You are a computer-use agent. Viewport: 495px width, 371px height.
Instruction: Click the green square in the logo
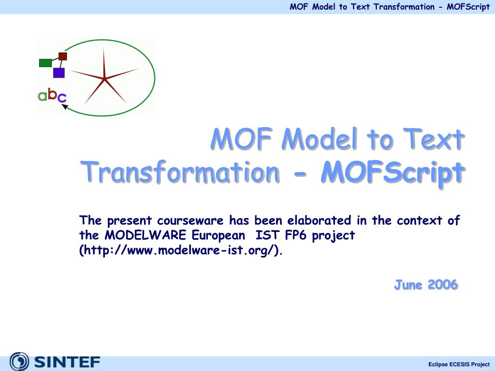tap(45, 62)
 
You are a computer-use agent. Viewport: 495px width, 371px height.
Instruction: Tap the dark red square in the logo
tap(62, 56)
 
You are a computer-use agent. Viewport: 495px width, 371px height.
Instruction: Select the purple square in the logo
tap(59, 73)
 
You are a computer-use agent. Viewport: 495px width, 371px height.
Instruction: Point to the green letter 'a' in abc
tap(43, 96)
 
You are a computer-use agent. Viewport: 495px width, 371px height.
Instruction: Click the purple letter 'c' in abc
tap(62, 98)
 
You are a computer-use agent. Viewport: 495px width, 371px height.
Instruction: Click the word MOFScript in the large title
tap(392, 172)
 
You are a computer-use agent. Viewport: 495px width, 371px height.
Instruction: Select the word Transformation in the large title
tap(179, 172)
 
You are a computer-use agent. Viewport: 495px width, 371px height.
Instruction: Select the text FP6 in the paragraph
tap(293, 236)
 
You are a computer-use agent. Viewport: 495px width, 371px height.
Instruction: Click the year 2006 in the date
tap(442, 285)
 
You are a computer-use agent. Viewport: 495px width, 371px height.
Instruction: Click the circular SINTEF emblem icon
tap(19, 362)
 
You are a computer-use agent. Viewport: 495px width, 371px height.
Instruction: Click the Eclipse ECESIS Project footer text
tap(459, 364)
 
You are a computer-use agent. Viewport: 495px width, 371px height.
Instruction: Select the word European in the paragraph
tap(218, 236)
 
